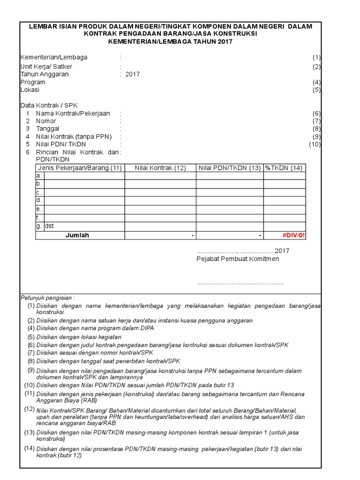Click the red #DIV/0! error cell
point(293,235)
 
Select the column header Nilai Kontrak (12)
point(160,168)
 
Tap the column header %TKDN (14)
point(284,168)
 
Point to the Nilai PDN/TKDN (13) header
point(229,168)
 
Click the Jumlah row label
point(77,235)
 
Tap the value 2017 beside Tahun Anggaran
point(133,74)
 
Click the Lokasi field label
point(30,90)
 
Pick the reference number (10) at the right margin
point(314,144)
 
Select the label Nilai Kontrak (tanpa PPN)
point(74,136)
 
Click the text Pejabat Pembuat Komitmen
point(237,259)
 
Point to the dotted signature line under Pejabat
point(240,283)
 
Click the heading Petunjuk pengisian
point(47,298)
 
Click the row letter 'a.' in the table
point(39,176)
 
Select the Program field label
point(33,82)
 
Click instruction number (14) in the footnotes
point(30,449)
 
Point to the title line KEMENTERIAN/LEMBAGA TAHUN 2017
point(170,42)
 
